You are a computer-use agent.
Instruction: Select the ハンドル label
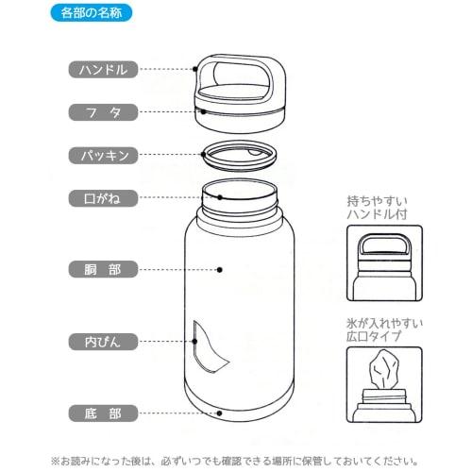104,69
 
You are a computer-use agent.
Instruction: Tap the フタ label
104,111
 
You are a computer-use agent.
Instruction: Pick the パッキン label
104,154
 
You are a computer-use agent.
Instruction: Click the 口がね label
104,198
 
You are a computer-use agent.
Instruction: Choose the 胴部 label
104,269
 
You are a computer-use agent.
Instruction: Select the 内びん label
104,340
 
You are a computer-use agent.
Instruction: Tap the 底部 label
104,413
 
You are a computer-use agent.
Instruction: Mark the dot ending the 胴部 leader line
219,269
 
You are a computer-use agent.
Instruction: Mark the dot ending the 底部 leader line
219,413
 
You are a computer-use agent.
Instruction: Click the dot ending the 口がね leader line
219,198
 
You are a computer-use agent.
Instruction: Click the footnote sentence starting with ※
236,460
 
